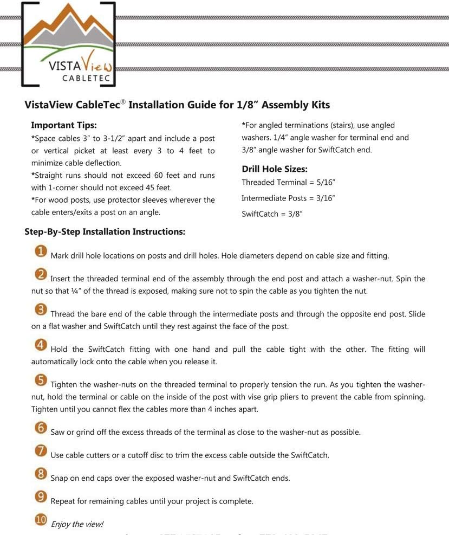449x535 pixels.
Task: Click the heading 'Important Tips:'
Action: coord(64,125)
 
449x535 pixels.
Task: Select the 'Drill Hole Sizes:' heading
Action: coord(275,169)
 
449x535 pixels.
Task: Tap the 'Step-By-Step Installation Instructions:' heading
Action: coord(105,232)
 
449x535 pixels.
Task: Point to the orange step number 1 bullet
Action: coord(41,252)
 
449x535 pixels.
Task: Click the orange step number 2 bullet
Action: coord(41,275)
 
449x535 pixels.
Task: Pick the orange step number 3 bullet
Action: coord(41,310)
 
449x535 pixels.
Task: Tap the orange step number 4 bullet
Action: coord(41,345)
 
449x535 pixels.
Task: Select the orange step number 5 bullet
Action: coord(41,381)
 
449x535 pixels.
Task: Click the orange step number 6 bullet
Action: coord(41,428)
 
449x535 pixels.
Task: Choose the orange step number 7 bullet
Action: coord(41,451)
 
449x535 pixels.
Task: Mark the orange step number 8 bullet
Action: coord(41,474)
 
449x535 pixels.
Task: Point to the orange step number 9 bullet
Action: coord(41,497)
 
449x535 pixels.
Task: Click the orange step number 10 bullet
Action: coord(41,520)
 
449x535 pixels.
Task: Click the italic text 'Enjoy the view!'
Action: coord(76,524)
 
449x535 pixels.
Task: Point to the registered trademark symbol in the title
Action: coord(122,102)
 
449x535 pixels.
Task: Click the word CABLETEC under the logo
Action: coord(87,79)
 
